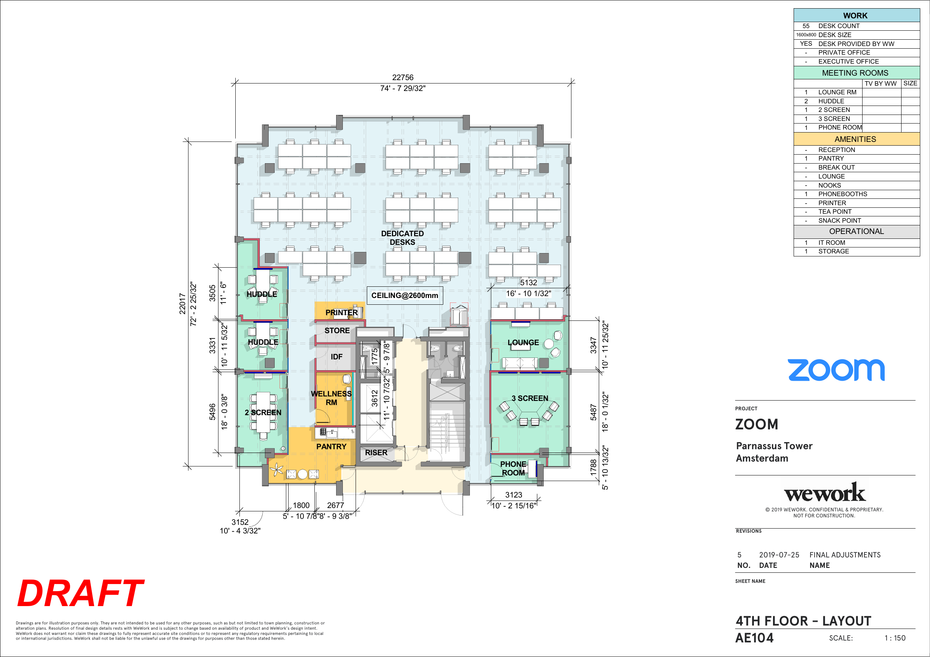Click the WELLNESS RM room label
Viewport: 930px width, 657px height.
pyautogui.click(x=331, y=398)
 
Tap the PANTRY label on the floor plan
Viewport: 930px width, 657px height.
pyautogui.click(x=331, y=447)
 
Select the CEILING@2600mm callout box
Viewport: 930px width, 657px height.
pyautogui.click(x=405, y=295)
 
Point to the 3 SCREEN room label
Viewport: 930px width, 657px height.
pyautogui.click(x=530, y=398)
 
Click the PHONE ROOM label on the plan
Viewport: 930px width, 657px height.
pyautogui.click(x=513, y=468)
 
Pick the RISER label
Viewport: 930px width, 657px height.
pyautogui.click(x=376, y=453)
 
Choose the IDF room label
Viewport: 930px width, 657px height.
pyautogui.click(x=336, y=357)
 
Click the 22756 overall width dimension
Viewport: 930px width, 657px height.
pyautogui.click(x=403, y=77)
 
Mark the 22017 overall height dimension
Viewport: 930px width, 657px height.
pyautogui.click(x=182, y=304)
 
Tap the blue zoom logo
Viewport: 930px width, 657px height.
pyautogui.click(x=836, y=370)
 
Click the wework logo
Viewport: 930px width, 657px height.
pyautogui.click(x=825, y=492)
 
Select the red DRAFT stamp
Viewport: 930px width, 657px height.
pyautogui.click(x=81, y=593)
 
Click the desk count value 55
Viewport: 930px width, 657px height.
pyautogui.click(x=806, y=26)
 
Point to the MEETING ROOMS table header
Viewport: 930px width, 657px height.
pyautogui.click(x=855, y=73)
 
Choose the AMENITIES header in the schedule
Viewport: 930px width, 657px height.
pyautogui.click(x=855, y=139)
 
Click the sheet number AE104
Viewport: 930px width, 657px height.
pyautogui.click(x=754, y=638)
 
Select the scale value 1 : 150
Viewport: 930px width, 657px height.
pyautogui.click(x=895, y=638)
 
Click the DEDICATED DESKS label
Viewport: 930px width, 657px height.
pyautogui.click(x=402, y=238)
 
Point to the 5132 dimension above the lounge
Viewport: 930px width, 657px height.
pyautogui.click(x=529, y=283)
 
